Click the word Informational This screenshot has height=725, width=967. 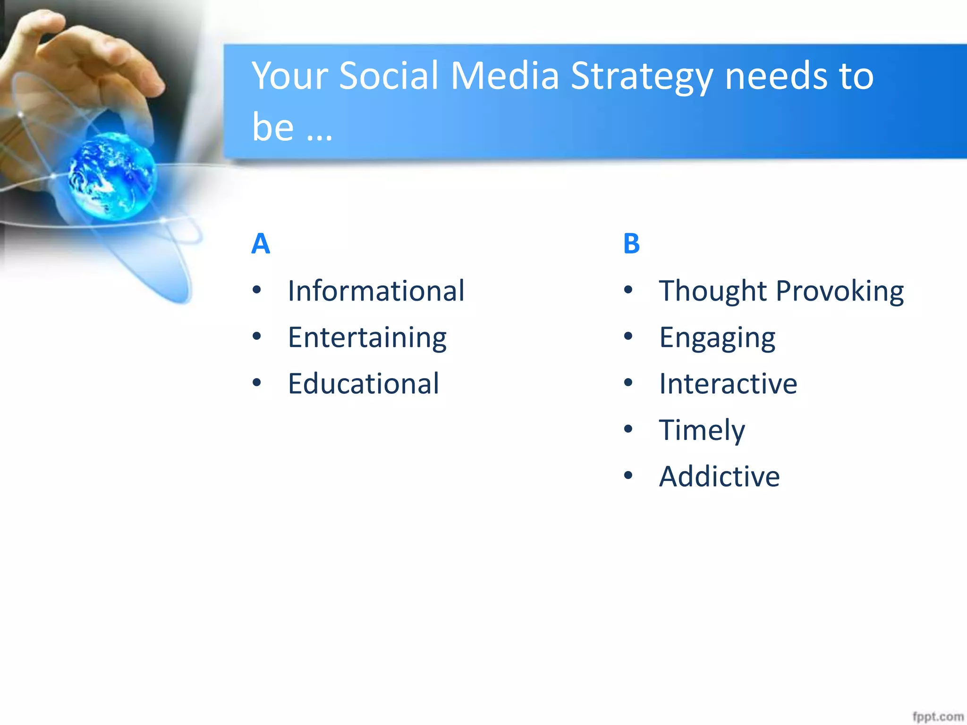click(376, 291)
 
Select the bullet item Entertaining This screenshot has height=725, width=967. click(367, 338)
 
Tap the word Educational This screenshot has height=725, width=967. click(364, 383)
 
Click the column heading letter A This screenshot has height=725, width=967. click(261, 244)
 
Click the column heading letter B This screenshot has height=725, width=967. click(631, 244)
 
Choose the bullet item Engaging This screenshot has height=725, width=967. click(717, 338)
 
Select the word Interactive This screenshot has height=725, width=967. click(728, 383)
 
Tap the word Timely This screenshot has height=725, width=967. click(702, 430)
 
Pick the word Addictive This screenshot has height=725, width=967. click(719, 476)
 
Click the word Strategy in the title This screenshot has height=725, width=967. click(641, 76)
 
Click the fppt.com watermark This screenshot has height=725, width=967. click(937, 717)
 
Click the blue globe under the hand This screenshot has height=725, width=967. click(112, 176)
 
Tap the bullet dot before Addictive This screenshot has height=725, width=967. click(628, 475)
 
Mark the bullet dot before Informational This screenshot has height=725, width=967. click(257, 289)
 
